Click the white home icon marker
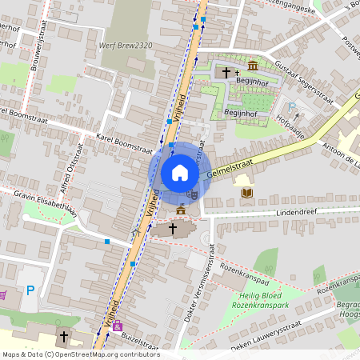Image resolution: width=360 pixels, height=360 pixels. point(180,172)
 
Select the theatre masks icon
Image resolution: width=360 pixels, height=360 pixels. point(192,193)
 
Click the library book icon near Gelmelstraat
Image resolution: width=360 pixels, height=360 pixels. point(246,193)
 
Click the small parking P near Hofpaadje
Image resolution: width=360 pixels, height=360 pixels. point(292,106)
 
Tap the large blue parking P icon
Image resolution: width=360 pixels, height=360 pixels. point(31,290)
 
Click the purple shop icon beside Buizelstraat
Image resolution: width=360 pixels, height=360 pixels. point(118,326)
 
